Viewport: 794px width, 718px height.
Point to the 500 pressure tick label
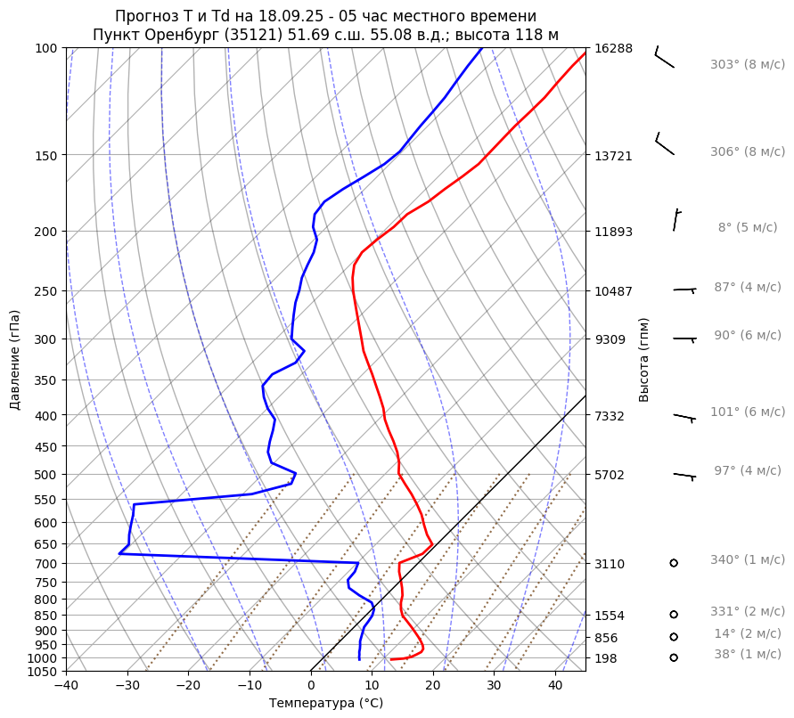point(46,475)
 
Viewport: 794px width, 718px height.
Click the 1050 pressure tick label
point(43,672)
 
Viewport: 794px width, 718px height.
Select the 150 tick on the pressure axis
point(46,156)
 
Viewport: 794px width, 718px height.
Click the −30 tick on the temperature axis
point(127,686)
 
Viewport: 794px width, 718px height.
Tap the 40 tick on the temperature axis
point(555,686)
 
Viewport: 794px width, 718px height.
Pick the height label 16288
point(613,48)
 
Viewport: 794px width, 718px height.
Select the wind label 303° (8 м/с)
point(748,65)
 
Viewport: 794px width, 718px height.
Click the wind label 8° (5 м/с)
point(748,228)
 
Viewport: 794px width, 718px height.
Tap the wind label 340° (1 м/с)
point(748,560)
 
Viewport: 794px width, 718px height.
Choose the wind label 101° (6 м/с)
point(748,412)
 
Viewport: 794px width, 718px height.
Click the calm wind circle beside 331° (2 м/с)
point(674,614)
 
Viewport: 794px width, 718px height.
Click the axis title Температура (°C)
point(326,704)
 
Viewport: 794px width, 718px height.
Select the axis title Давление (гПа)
point(15,360)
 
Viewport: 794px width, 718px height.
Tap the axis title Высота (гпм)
point(644,358)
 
